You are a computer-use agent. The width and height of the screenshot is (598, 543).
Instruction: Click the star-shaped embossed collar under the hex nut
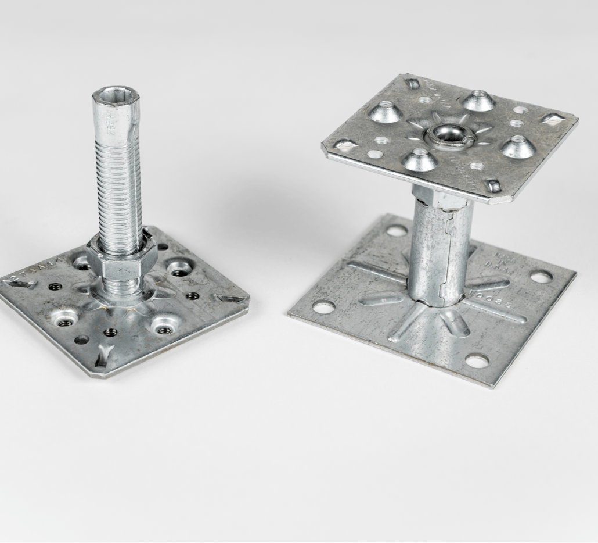point(125,294)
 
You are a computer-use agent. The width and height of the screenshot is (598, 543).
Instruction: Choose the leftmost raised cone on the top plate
point(384,112)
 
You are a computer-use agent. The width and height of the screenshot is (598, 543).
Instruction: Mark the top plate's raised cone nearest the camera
point(420,159)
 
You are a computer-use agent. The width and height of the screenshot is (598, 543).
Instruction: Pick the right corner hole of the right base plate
point(541,277)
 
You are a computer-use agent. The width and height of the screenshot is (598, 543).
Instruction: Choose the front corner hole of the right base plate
point(477,361)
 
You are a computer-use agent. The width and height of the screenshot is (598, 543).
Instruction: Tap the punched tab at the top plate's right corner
point(552,119)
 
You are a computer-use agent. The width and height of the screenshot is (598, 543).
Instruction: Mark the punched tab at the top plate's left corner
point(343,144)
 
